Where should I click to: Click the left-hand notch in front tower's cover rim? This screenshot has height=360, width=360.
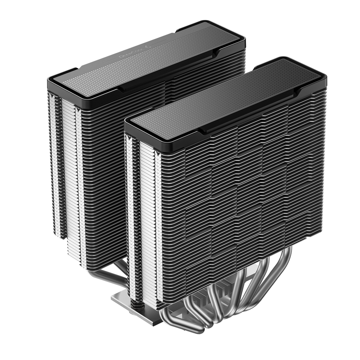[x=202, y=131]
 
